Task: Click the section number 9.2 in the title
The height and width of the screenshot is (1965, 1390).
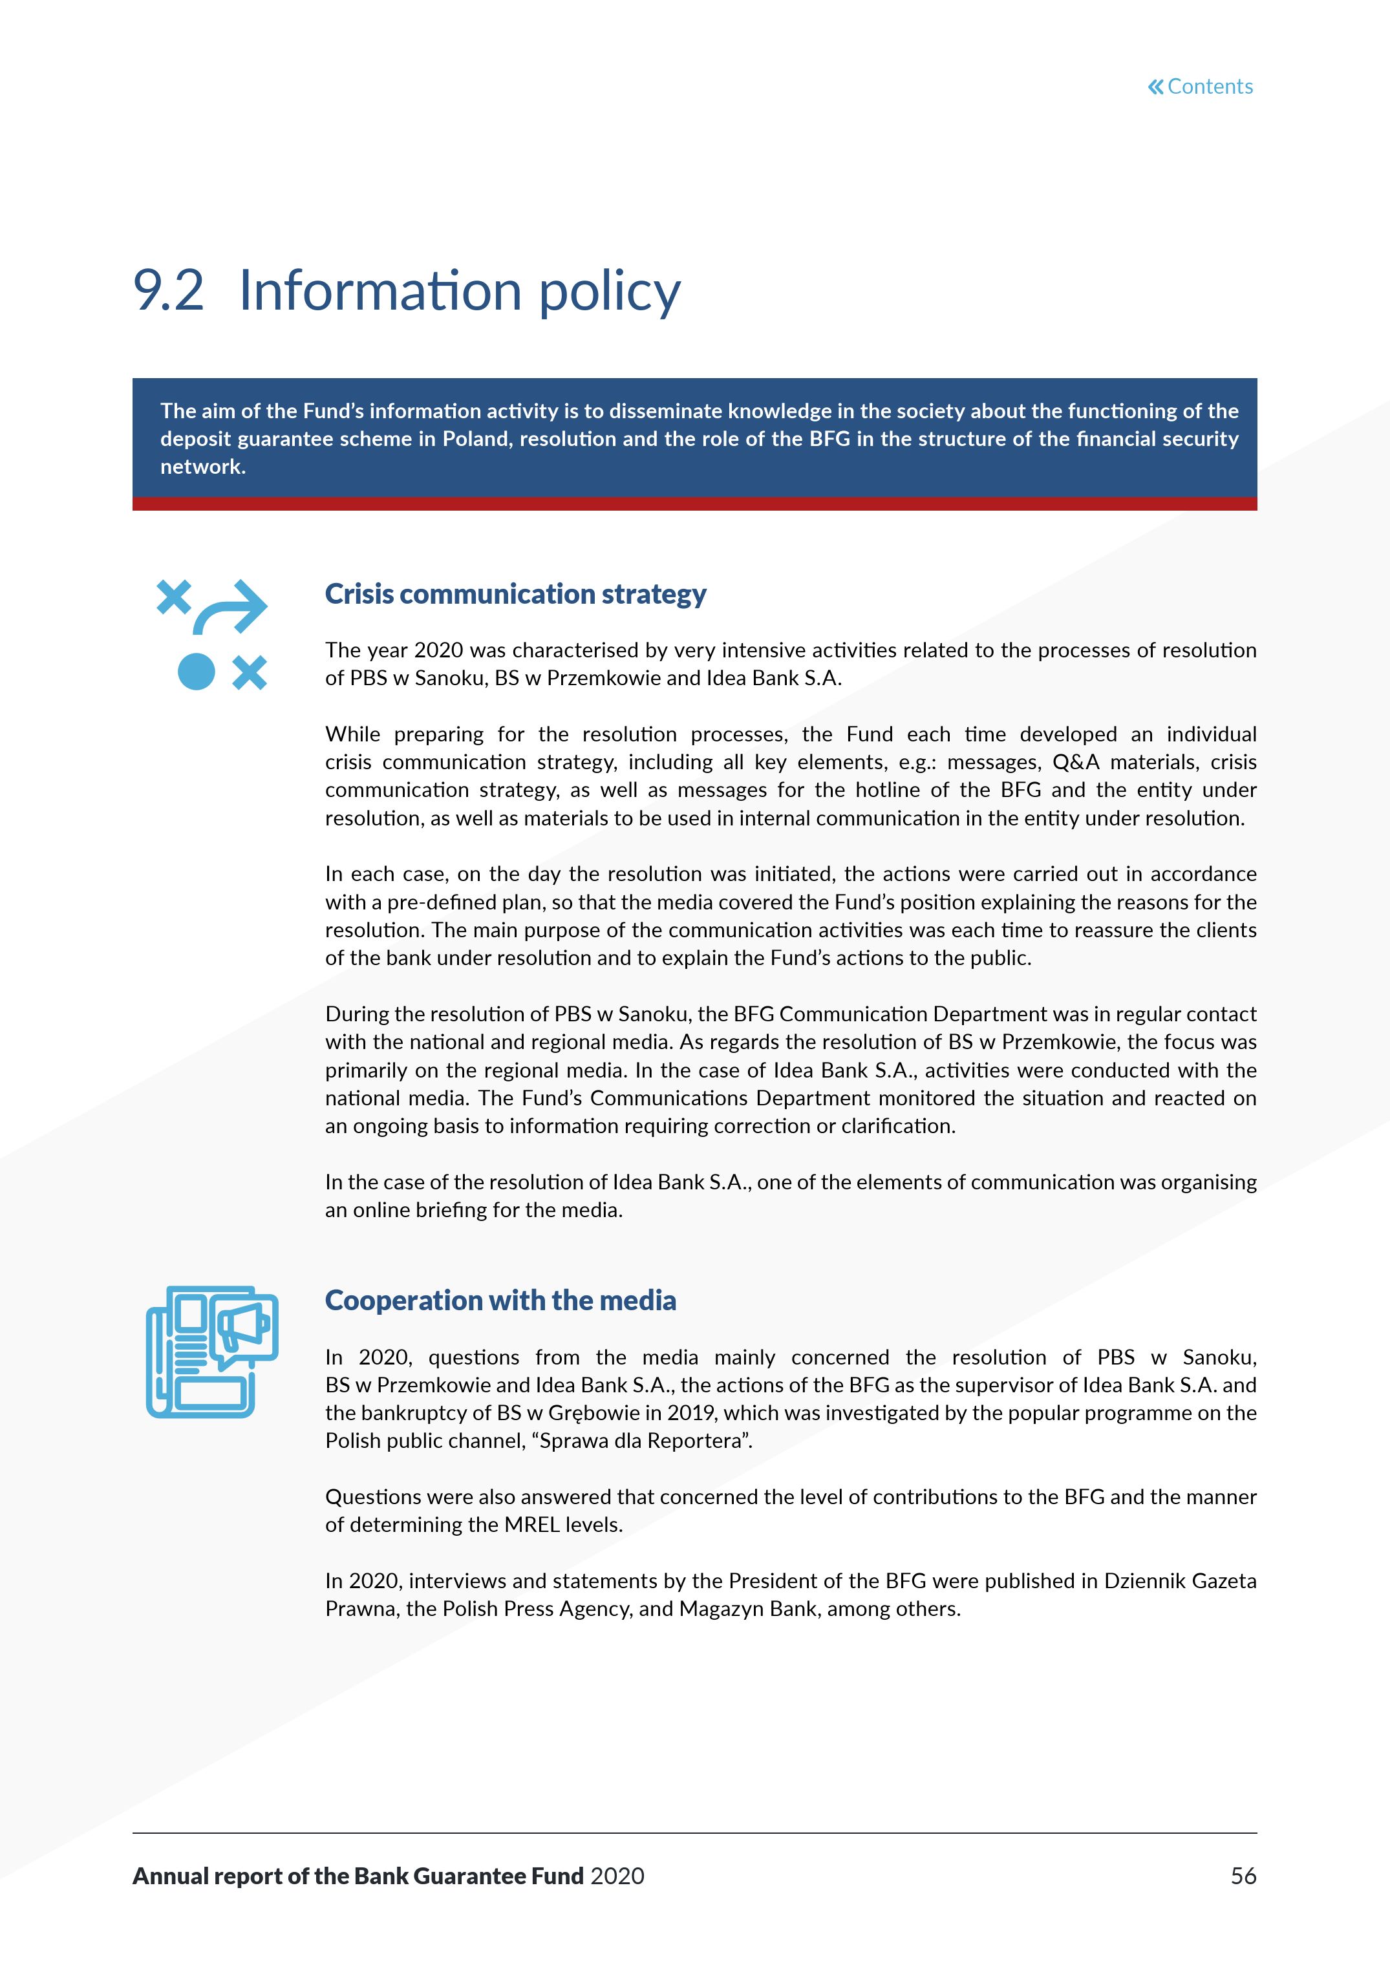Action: (x=169, y=290)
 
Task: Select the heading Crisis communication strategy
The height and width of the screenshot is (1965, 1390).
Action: (x=515, y=594)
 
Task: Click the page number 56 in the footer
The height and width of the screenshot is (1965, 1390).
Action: (x=1243, y=1876)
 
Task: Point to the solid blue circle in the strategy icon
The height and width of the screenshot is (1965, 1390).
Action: (x=196, y=672)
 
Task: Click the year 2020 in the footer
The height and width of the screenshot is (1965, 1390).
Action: (x=617, y=1876)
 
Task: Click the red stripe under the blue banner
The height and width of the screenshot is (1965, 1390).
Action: (x=694, y=504)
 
